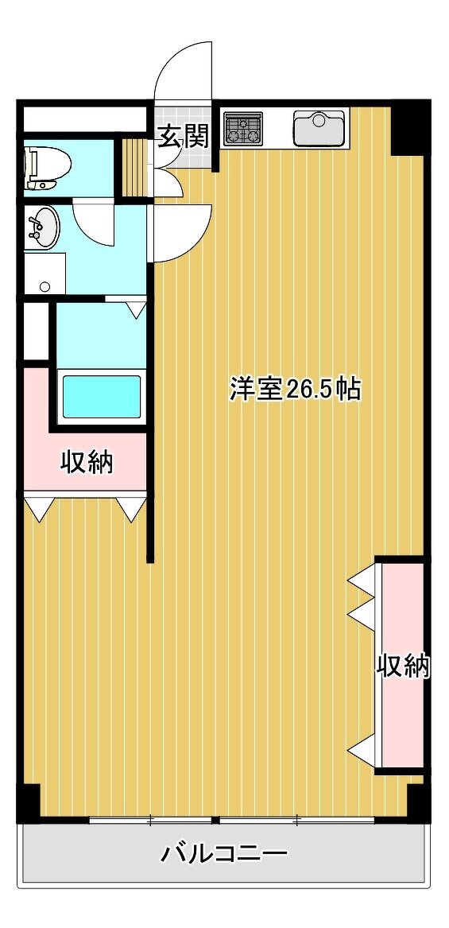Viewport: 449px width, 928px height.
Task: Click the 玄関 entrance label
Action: tap(182, 138)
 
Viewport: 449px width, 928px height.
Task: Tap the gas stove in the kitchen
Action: tap(244, 129)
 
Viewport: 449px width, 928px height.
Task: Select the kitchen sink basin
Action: tap(319, 129)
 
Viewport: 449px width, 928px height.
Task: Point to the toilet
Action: tap(48, 168)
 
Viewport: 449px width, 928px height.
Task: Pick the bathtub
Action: tap(102, 397)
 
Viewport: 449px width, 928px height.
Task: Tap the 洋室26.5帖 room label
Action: tap(295, 390)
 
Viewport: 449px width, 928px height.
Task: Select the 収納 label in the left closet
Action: tap(87, 462)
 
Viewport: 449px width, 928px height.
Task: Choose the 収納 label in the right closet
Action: tap(403, 667)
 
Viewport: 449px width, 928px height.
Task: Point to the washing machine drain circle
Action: tap(45, 287)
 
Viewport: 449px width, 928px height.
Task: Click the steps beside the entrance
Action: tap(134, 168)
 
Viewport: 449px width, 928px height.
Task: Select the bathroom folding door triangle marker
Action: tap(137, 310)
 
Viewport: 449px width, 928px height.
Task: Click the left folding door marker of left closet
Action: tap(40, 509)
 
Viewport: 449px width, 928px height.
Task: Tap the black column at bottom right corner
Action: tap(418, 802)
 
